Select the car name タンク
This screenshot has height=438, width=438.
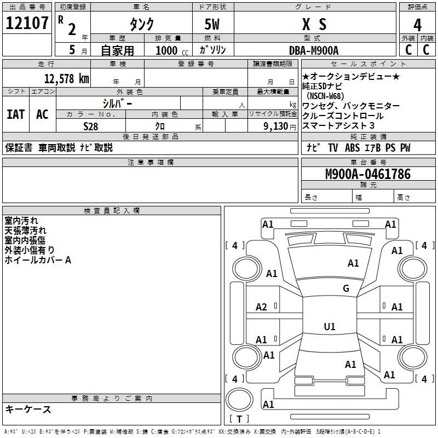pos(141,25)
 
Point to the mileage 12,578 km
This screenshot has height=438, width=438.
pos(66,78)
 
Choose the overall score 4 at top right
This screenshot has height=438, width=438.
pos(417,25)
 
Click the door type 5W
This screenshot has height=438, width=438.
pos(212,25)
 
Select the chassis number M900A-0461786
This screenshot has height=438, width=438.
pos(367,174)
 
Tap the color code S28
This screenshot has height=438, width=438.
pos(90,125)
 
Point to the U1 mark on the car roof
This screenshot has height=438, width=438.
pos(329,327)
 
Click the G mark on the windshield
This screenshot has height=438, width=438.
pos(345,289)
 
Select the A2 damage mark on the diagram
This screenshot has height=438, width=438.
pos(262,307)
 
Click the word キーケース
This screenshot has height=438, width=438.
pos(28,409)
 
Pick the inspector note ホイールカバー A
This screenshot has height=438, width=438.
pos(38,260)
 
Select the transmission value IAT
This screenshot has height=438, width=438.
pos(15,114)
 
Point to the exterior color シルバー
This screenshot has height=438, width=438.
pos(117,103)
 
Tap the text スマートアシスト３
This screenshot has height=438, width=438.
pos(338,126)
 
